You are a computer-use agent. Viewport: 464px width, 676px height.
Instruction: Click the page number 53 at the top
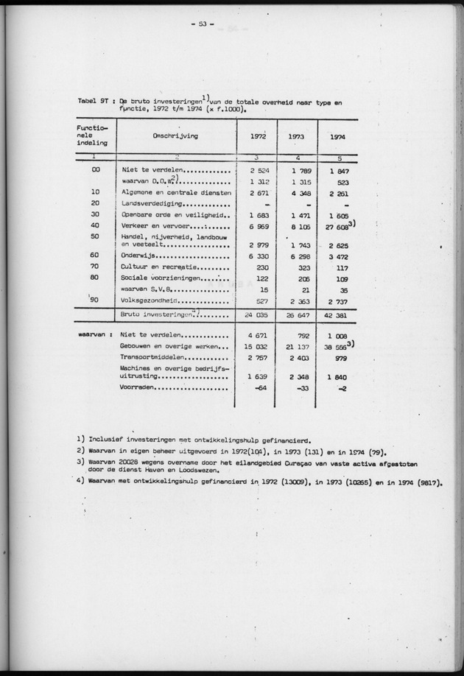tap(200, 24)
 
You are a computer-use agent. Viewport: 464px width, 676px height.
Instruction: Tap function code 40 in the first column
tap(95, 225)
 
